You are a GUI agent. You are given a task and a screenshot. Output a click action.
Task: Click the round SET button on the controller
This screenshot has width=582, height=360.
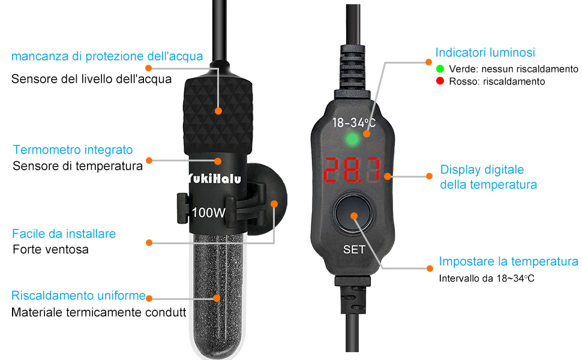pos(353,215)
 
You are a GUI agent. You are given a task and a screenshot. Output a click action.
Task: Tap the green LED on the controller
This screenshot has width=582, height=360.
pos(353,140)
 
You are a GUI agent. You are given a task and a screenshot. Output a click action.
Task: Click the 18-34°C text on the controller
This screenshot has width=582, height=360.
pos(354,123)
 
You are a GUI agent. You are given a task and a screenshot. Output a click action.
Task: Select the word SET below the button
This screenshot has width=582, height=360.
pos(354,250)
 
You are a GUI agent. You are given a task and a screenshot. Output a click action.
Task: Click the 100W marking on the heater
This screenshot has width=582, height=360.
pos(209,212)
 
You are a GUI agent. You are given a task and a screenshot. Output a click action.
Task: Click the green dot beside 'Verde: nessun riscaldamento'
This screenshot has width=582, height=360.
pos(440,69)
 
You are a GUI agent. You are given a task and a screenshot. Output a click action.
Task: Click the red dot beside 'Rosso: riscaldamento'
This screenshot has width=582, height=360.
pos(440,81)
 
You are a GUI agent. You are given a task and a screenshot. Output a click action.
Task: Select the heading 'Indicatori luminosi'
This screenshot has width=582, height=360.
pos(485,53)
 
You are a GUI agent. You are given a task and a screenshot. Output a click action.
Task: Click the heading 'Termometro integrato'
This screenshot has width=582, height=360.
pos(73,150)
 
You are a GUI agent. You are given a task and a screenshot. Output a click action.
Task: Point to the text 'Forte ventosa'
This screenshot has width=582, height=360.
pos(50,249)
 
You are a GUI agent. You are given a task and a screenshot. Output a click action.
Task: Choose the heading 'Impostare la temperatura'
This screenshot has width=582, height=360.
pos(508,262)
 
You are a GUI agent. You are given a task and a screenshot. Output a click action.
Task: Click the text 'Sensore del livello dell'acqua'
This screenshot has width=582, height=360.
pos(91,79)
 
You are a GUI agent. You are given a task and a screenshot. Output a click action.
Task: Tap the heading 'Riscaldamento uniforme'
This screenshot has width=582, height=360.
pos(79,296)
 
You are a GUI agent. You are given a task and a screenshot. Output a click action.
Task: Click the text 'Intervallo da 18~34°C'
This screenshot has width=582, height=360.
pos(487,278)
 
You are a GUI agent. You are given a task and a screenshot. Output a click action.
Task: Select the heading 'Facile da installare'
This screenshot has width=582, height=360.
pos(64,233)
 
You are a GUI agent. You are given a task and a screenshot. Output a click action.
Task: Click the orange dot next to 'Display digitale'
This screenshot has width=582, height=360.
pos(429,176)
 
